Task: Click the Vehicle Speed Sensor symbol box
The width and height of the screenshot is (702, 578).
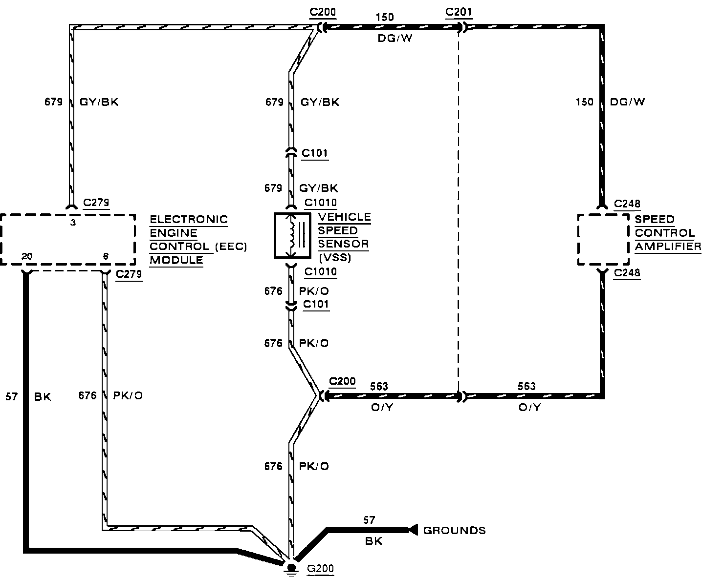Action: pos(292,235)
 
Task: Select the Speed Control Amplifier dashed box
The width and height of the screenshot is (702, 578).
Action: pos(603,239)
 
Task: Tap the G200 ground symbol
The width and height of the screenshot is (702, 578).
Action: pos(291,568)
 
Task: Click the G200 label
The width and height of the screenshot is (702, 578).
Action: pos(320,568)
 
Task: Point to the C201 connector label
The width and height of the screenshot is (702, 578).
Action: pos(459,12)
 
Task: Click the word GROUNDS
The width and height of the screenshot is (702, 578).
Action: pos(454,530)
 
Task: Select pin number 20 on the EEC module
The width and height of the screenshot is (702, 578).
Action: pos(27,256)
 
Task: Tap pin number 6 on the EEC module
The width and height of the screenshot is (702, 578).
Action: pos(106,256)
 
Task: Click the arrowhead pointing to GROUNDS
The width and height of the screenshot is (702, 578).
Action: pos(413,529)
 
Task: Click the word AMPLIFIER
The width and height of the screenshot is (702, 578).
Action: pos(668,246)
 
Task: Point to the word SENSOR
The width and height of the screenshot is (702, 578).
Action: pos(343,244)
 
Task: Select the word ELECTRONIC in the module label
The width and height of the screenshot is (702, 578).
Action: pos(189,219)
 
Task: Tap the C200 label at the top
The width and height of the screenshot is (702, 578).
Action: pos(323,12)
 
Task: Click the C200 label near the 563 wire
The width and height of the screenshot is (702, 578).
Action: pos(342,381)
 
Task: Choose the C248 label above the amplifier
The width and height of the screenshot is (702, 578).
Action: pos(627,204)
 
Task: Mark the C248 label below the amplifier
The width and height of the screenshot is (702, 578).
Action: pos(627,273)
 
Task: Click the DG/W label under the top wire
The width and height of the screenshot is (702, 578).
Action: pos(395,38)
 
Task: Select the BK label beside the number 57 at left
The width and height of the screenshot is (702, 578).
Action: pos(43,397)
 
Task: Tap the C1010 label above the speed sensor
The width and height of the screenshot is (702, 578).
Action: pos(321,203)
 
